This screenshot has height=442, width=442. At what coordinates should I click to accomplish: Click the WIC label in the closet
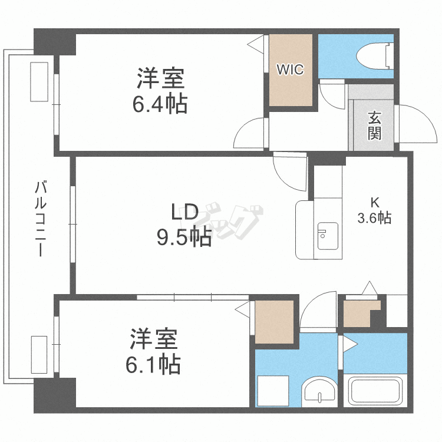(291, 70)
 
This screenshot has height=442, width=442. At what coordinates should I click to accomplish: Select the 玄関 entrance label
(374, 125)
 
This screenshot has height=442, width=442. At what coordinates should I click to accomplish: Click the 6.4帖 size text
(160, 104)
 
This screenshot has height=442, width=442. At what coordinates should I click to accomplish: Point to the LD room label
(184, 211)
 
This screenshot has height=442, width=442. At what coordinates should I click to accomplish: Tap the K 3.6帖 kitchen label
(374, 209)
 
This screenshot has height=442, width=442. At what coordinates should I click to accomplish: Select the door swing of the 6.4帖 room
(250, 133)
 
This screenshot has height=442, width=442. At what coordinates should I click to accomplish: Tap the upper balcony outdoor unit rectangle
(40, 82)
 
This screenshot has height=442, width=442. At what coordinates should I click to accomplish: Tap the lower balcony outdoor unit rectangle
(39, 354)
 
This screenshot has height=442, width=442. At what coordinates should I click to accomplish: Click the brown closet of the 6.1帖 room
(274, 321)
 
